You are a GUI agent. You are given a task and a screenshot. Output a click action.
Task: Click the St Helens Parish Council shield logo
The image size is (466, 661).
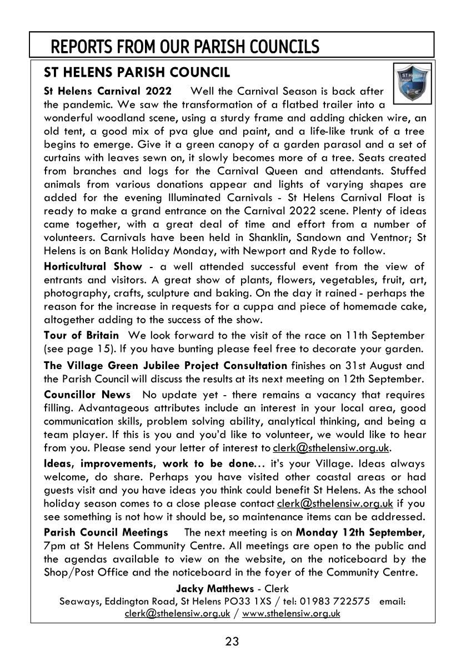tap(412, 84)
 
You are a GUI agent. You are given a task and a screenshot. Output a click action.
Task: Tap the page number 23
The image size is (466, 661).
tap(232, 642)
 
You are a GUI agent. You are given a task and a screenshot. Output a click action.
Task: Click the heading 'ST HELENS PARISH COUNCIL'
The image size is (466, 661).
tap(136, 72)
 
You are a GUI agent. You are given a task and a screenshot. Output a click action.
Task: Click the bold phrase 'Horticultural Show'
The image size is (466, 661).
tap(93, 266)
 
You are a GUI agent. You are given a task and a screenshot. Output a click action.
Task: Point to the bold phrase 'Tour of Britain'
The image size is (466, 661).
tap(81, 335)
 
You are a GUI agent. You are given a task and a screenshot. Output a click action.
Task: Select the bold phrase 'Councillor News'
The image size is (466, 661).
tap(87, 395)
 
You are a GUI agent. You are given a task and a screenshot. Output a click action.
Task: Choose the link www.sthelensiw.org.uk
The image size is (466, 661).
tap(292, 613)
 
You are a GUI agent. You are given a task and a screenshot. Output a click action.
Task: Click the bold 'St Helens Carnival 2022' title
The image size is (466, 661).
tap(108, 90)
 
